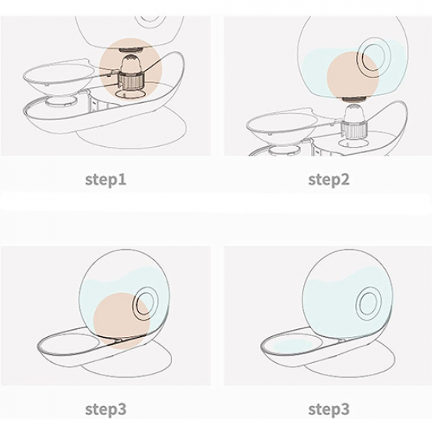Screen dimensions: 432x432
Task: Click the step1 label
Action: [105, 179]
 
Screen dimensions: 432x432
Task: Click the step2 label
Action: [328, 179]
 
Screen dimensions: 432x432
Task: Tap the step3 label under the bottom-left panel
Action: [105, 409]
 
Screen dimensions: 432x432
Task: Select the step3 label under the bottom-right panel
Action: [328, 409]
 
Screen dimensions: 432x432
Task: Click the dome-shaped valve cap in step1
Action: [131, 63]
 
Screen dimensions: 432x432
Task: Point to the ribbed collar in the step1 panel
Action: [131, 80]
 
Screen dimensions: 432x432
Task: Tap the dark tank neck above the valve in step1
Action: [131, 49]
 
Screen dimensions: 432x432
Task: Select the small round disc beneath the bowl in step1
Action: [61, 101]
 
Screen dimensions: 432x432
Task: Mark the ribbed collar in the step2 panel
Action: [355, 130]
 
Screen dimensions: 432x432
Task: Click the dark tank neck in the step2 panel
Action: [355, 100]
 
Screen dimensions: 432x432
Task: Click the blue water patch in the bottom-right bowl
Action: [293, 346]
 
